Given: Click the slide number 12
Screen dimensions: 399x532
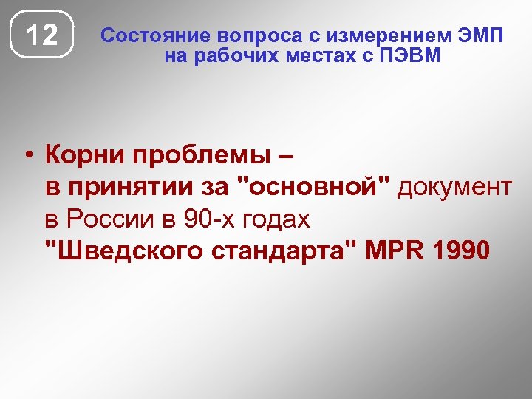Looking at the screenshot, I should (x=43, y=35).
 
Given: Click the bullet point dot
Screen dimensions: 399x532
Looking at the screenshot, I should (x=27, y=156).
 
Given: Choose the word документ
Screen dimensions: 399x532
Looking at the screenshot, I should (x=454, y=188).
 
